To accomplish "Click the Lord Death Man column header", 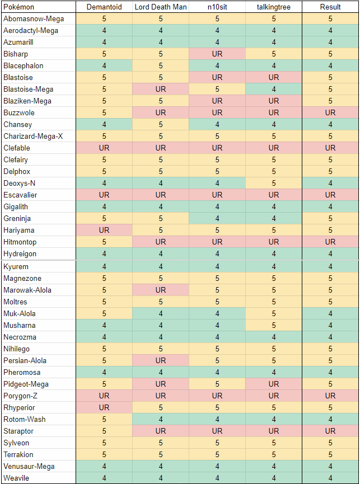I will click(x=161, y=7).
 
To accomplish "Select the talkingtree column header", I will click(x=274, y=7).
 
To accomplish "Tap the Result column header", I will click(x=330, y=7).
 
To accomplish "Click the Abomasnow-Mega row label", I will click(x=34, y=18).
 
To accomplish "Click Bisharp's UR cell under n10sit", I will click(x=217, y=54).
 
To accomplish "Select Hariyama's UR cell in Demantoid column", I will click(x=104, y=230).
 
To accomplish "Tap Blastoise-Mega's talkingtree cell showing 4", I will click(x=274, y=89).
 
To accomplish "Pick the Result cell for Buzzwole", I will click(x=330, y=112).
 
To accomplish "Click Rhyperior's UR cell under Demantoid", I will click(x=104, y=407).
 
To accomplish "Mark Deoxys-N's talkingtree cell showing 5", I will click(x=274, y=183).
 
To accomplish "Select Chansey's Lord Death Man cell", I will click(x=161, y=124).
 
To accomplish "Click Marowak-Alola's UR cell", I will click(x=161, y=290).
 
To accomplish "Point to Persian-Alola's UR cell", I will click(x=161, y=360).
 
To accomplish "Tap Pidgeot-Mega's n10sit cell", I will click(x=217, y=384).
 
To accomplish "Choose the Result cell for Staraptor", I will click(x=330, y=431).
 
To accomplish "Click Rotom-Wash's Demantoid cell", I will click(x=104, y=419).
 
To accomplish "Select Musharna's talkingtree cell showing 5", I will click(x=274, y=325).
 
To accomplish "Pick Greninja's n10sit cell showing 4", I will click(x=217, y=218).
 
